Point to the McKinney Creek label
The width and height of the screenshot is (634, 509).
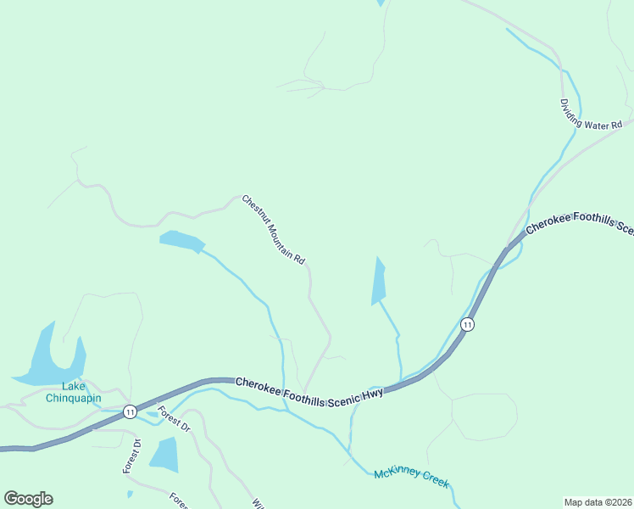pos(411,478)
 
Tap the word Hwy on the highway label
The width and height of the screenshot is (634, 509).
pos(373,393)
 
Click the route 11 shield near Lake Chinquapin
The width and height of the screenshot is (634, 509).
pos(129,411)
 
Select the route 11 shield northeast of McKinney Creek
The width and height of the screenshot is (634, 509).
pos(467,325)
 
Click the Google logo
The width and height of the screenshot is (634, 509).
pos(28,499)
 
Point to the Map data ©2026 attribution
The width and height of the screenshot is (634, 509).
pos(598,501)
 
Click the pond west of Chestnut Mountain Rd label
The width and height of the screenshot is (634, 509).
pos(181,241)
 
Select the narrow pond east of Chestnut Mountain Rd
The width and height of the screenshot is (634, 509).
pos(378,282)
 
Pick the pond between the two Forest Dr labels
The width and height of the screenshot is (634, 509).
pos(164,455)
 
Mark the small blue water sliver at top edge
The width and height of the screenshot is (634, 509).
pos(381,3)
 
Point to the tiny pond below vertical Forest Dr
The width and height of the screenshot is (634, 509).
pos(130,494)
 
